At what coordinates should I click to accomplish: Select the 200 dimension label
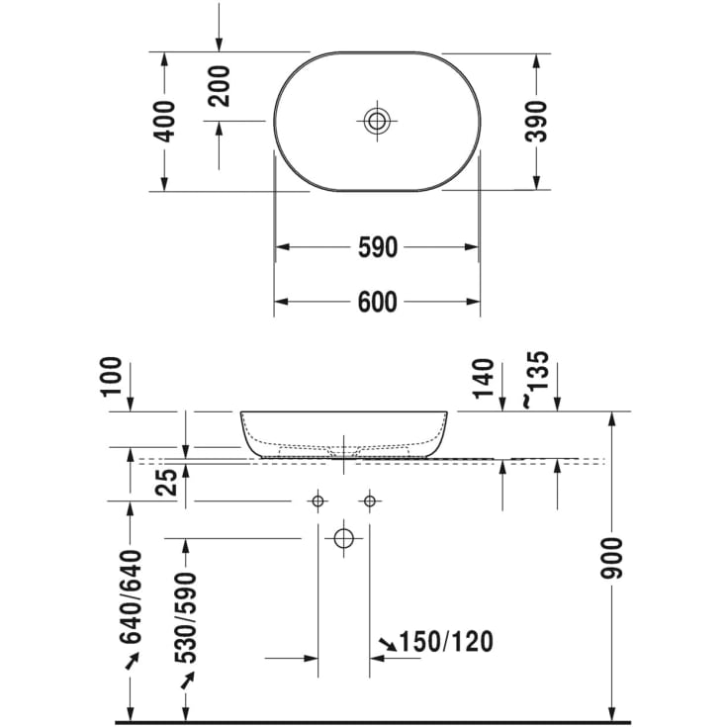219,85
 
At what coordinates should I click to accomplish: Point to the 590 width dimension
377,247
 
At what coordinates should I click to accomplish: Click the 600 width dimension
377,302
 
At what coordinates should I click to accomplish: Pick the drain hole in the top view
377,122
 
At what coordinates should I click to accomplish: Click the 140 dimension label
484,378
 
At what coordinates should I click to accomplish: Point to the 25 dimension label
167,482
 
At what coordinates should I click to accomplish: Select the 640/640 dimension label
132,596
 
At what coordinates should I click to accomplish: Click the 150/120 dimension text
447,643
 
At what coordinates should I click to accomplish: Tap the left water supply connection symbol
318,501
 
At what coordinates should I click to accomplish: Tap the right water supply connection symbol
369,501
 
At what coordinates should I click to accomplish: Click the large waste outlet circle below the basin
343,538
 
